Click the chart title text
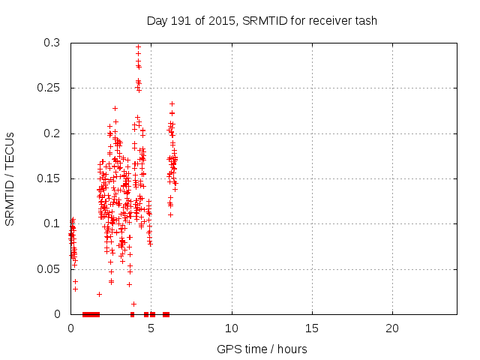[x=262, y=20]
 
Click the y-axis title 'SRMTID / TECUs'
[x=10, y=178]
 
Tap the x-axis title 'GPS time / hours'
[x=262, y=349]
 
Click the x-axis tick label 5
[x=151, y=328]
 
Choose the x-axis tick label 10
[x=232, y=328]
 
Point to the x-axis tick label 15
[x=312, y=328]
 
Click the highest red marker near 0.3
[x=138, y=46]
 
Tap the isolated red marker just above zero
[x=133, y=304]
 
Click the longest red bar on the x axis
[x=91, y=314]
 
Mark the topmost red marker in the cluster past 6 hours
[x=172, y=103]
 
